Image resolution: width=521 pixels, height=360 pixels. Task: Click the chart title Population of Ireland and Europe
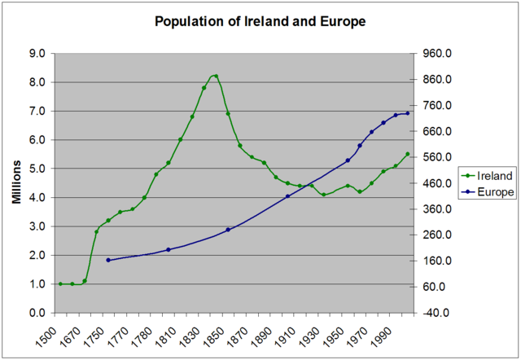(260, 21)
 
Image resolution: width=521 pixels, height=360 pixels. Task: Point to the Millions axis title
(15, 182)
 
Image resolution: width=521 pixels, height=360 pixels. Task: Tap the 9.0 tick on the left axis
(36, 53)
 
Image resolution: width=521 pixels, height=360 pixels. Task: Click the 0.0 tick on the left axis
(36, 313)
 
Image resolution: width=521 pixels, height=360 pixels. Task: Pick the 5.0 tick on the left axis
(36, 169)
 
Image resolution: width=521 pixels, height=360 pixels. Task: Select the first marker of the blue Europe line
(108, 260)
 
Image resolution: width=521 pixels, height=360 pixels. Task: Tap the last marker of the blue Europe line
(408, 113)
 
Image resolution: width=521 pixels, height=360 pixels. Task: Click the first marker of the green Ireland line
(60, 284)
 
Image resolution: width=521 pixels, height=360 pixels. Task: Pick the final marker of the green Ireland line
(408, 154)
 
